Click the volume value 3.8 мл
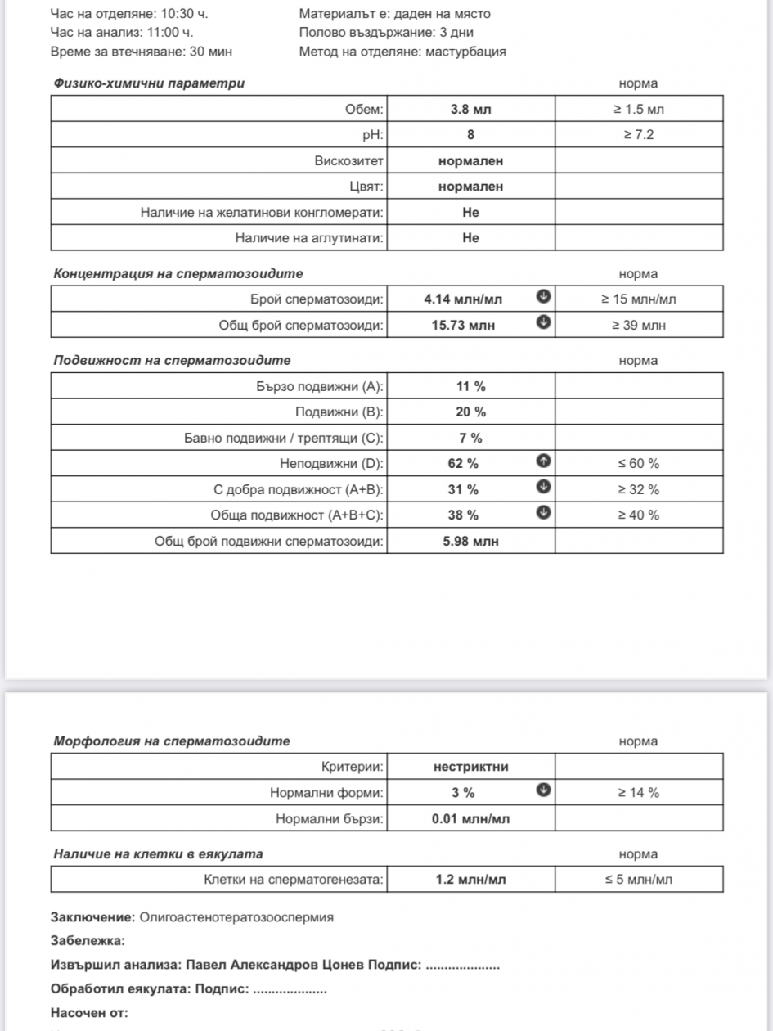470,109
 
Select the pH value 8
470,135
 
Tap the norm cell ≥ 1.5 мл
639,109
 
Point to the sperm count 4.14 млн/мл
463,299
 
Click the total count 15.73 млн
463,325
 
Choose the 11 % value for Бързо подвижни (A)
470,386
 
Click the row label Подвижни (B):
339,412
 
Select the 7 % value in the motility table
470,438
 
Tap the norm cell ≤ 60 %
639,464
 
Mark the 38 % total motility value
470,515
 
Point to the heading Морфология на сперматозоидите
172,741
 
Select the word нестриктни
470,767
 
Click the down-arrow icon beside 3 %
542,790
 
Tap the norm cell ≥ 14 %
639,792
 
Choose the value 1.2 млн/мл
470,880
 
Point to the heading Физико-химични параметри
149,83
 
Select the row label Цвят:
366,187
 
